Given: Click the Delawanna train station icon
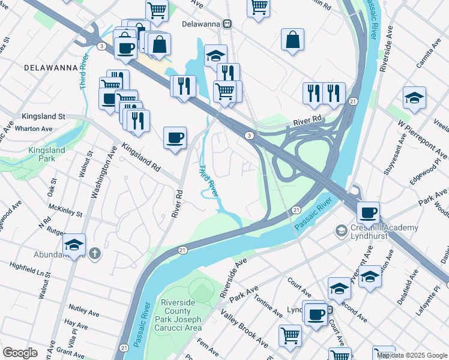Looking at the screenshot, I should [x=228, y=24].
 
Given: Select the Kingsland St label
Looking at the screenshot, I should [x=43, y=116].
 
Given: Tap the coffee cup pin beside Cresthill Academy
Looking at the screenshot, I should [x=368, y=212].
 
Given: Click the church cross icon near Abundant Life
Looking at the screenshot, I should [x=94, y=254].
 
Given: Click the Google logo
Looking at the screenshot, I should [x=20, y=353].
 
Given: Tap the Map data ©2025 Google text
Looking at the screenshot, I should [x=411, y=355].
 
